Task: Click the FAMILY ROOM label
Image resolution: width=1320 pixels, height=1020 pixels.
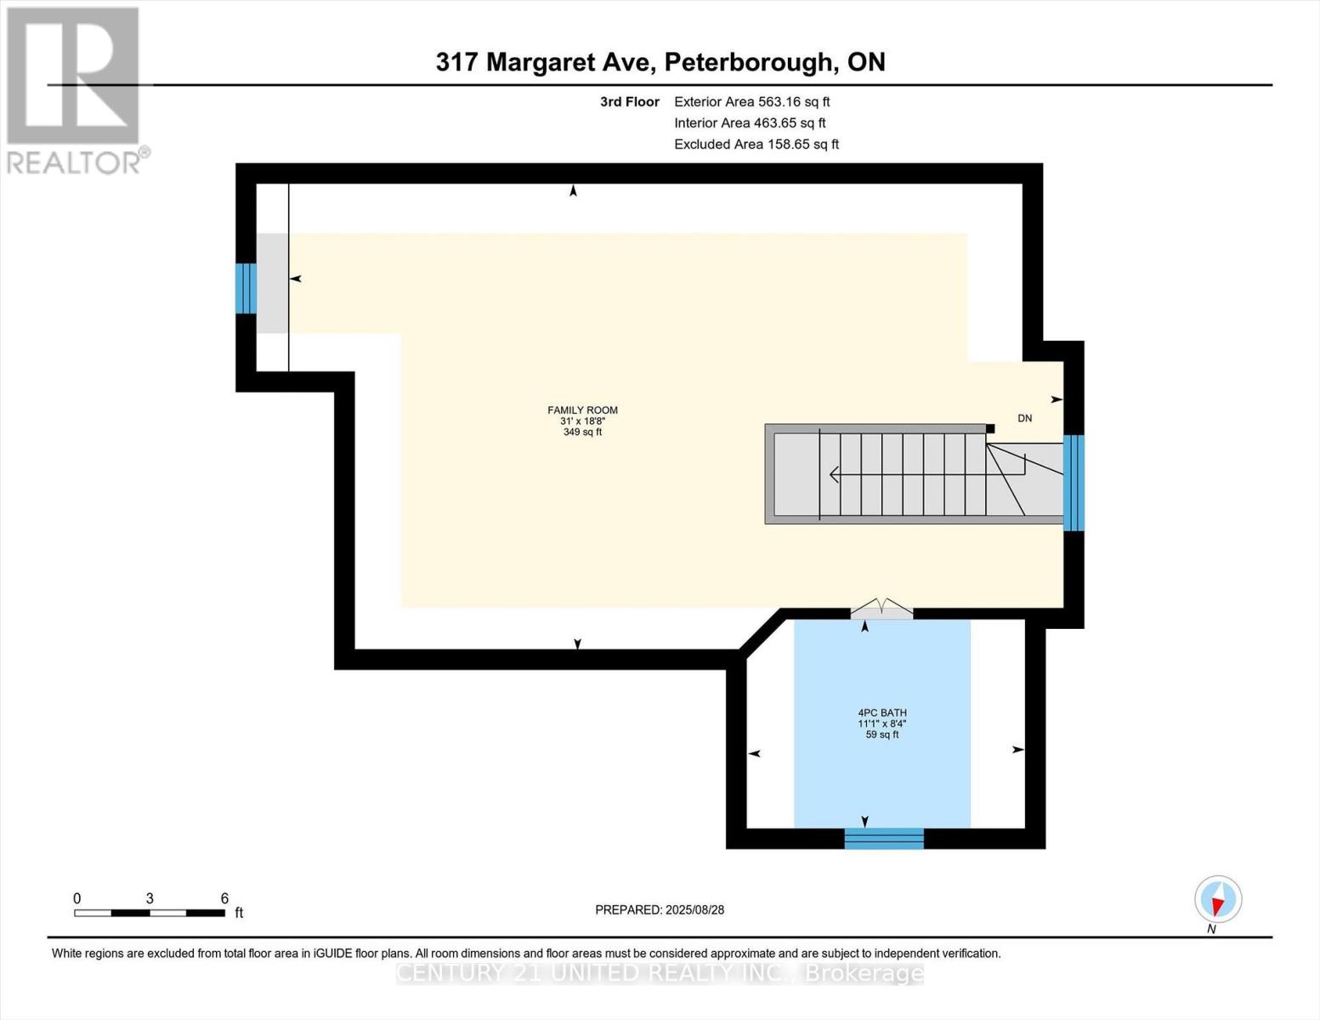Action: [582, 411]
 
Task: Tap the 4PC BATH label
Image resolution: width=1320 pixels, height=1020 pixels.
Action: [882, 713]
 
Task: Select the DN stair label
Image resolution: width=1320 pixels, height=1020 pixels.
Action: [1025, 418]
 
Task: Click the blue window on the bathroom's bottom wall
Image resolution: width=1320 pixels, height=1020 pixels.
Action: [883, 838]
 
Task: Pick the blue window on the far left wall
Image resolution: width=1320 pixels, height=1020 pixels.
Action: [246, 288]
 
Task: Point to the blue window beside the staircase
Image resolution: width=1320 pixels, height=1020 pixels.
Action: [1074, 483]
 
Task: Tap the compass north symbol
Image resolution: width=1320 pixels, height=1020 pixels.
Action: [1218, 899]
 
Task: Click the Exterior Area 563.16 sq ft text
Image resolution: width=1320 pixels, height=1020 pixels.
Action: [751, 102]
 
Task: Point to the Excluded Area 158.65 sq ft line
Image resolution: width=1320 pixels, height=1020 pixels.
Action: [756, 144]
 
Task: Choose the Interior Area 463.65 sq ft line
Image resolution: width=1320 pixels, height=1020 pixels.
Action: [750, 123]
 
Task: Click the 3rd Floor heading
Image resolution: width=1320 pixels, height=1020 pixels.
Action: [629, 102]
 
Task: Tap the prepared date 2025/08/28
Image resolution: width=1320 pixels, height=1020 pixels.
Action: [660, 909]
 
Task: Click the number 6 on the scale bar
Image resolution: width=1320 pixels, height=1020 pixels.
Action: [224, 898]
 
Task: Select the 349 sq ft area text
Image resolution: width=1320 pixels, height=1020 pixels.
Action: [582, 433]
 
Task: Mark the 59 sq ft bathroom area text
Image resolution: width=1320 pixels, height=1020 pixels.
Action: [882, 734]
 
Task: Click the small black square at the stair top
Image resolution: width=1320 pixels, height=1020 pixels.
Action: [990, 428]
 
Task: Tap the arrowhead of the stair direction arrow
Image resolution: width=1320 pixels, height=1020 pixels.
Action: [833, 474]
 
